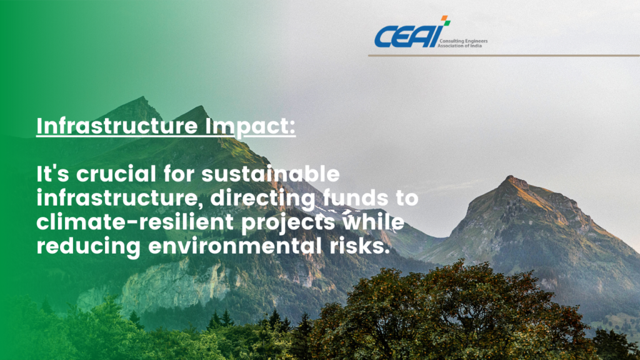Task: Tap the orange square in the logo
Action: tap(444, 18)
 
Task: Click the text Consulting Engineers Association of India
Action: tap(462, 43)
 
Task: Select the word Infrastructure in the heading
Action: tap(117, 126)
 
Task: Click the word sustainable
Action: tap(271, 174)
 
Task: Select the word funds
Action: tap(356, 198)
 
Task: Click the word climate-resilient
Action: tap(135, 222)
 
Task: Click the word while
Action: tap(373, 222)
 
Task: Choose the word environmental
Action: tap(235, 246)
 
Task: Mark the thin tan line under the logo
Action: tap(504, 55)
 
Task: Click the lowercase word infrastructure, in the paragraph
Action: tap(119, 199)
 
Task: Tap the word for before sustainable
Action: tap(179, 174)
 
